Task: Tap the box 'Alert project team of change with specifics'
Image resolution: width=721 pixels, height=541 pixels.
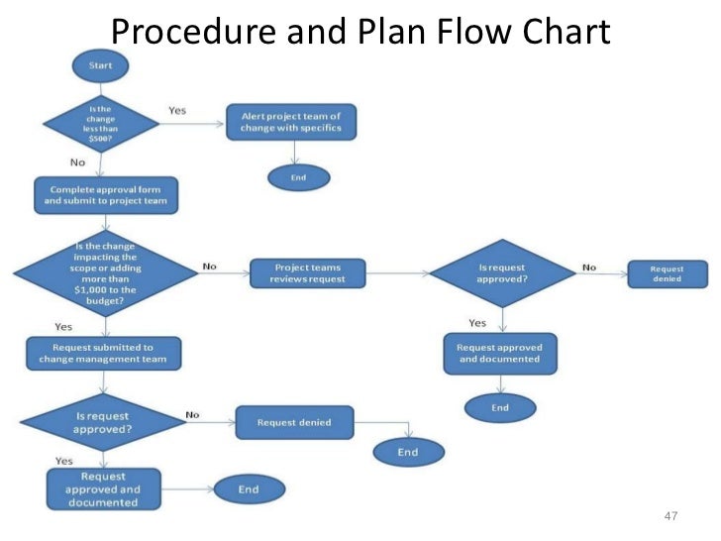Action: (x=291, y=123)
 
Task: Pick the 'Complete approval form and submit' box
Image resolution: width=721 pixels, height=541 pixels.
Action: (x=105, y=194)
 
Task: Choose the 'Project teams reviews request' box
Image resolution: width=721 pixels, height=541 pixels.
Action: (x=307, y=272)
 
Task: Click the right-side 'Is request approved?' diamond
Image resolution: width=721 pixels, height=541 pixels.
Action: (x=503, y=272)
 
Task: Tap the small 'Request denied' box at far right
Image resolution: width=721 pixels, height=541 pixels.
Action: (x=668, y=273)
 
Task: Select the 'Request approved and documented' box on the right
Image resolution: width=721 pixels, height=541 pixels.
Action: (x=500, y=353)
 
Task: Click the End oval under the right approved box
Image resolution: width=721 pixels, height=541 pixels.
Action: (x=500, y=407)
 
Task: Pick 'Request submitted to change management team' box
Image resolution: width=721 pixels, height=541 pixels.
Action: (x=104, y=354)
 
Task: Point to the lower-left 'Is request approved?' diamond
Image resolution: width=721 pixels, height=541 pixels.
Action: (x=104, y=424)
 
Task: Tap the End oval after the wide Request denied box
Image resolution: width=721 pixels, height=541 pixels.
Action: (x=407, y=453)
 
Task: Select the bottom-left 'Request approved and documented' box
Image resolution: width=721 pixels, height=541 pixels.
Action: (x=103, y=488)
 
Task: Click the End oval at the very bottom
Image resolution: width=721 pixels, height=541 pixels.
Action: (x=248, y=489)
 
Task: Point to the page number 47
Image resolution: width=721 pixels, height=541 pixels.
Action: (x=670, y=516)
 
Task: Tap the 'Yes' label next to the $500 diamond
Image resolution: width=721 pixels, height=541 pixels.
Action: (x=177, y=111)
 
